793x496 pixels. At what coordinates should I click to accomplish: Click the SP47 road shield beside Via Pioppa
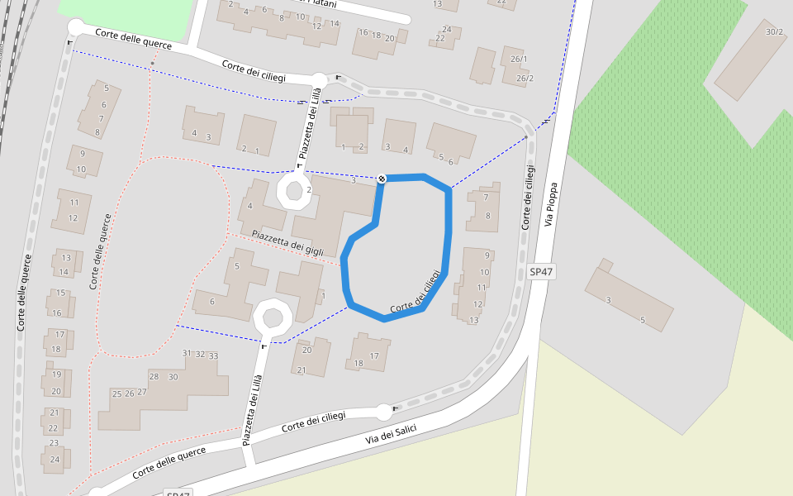541,271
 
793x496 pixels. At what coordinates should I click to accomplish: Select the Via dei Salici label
392,434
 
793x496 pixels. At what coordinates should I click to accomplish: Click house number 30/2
774,32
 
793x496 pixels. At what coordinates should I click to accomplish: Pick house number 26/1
519,60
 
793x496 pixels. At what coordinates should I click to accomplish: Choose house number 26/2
525,79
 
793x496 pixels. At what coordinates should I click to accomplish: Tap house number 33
213,355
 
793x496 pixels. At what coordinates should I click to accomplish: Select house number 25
117,393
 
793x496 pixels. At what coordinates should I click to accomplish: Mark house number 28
154,376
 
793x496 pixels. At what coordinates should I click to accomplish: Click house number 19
56,374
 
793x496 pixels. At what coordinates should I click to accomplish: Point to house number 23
54,443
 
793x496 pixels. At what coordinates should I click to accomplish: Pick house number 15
60,293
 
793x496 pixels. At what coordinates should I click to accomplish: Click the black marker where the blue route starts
382,179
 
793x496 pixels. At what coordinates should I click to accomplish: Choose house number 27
142,392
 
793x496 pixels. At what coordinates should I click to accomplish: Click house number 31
187,353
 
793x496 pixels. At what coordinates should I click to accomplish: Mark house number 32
200,354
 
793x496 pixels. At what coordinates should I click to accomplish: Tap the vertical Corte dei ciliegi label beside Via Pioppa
527,198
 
